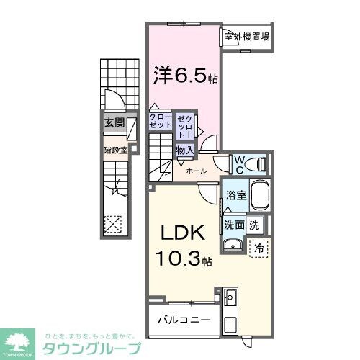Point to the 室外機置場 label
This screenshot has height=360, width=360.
[x=246, y=36]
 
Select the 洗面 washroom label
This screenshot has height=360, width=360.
[x=233, y=224]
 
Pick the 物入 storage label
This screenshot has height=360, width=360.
[x=184, y=150]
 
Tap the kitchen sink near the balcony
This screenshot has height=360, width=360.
[x=230, y=297]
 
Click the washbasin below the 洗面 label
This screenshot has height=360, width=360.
[x=232, y=247]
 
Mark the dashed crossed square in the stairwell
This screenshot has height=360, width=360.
[x=112, y=224]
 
